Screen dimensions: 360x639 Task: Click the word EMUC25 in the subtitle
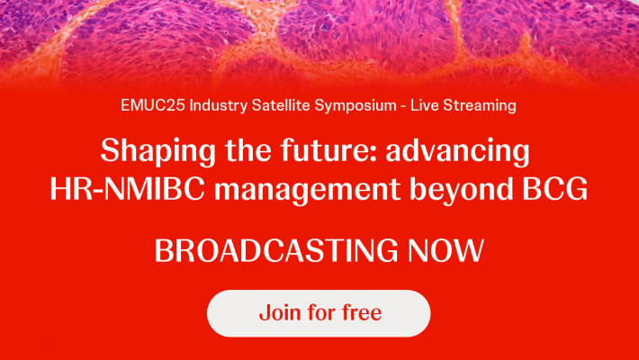click(148, 105)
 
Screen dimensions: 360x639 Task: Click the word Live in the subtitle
click(426, 105)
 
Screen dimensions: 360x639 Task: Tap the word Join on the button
click(278, 313)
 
